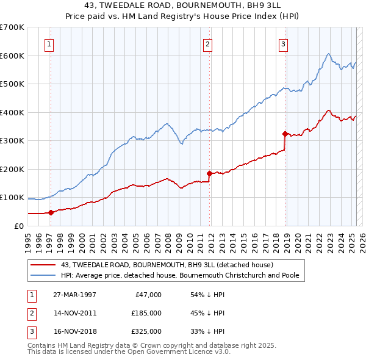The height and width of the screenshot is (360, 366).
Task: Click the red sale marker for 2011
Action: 210,173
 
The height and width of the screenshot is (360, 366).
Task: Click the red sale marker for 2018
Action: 285,134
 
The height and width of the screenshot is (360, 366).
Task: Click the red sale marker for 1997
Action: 51,212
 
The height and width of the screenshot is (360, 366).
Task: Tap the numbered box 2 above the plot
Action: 208,43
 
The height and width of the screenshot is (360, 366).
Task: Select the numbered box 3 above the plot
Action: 284,43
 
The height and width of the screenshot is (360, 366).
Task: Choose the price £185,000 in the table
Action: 146,313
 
